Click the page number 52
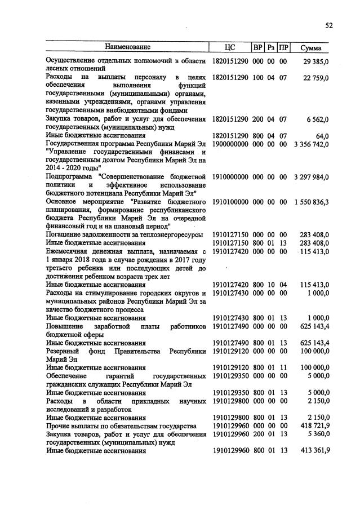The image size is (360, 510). point(328,25)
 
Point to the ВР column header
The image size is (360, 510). point(258,47)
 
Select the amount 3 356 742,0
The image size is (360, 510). point(311,144)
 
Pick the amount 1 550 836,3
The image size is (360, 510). point(311,201)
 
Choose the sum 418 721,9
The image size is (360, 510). point(314,425)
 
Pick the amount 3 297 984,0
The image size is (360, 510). point(311,176)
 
